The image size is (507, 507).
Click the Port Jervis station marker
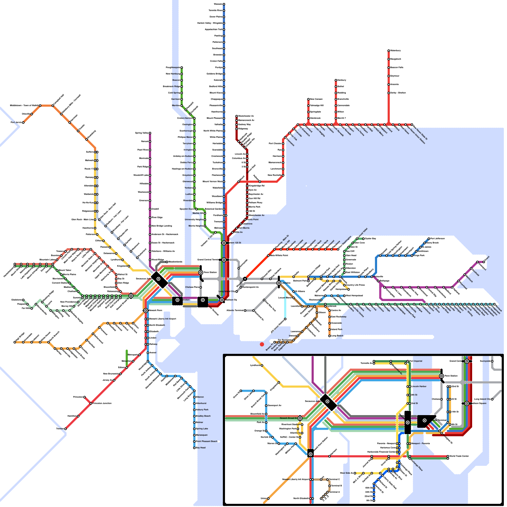[x=23, y=122]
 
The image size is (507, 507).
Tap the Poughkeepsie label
[x=173, y=67]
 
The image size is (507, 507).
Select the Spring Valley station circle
[x=150, y=133]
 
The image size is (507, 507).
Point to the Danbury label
[x=342, y=80]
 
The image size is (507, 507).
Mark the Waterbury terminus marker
[x=388, y=51]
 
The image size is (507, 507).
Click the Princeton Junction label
[x=102, y=403]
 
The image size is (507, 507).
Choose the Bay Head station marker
[x=194, y=448]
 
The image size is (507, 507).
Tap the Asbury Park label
[x=202, y=410]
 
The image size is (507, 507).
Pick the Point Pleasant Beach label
[x=207, y=441]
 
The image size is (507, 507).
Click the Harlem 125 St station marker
[x=224, y=243]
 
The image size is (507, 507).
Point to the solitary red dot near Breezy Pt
[x=262, y=344]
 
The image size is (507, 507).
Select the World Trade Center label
[x=459, y=456]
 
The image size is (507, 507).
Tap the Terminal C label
[x=334, y=479]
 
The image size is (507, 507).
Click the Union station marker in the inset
[x=268, y=498]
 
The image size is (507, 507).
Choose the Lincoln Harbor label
[x=419, y=387]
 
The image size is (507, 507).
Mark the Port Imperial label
[x=416, y=361]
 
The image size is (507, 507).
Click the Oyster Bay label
[x=370, y=239]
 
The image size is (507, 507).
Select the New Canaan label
[x=316, y=99]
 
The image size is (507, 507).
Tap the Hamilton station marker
[x=78, y=416]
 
